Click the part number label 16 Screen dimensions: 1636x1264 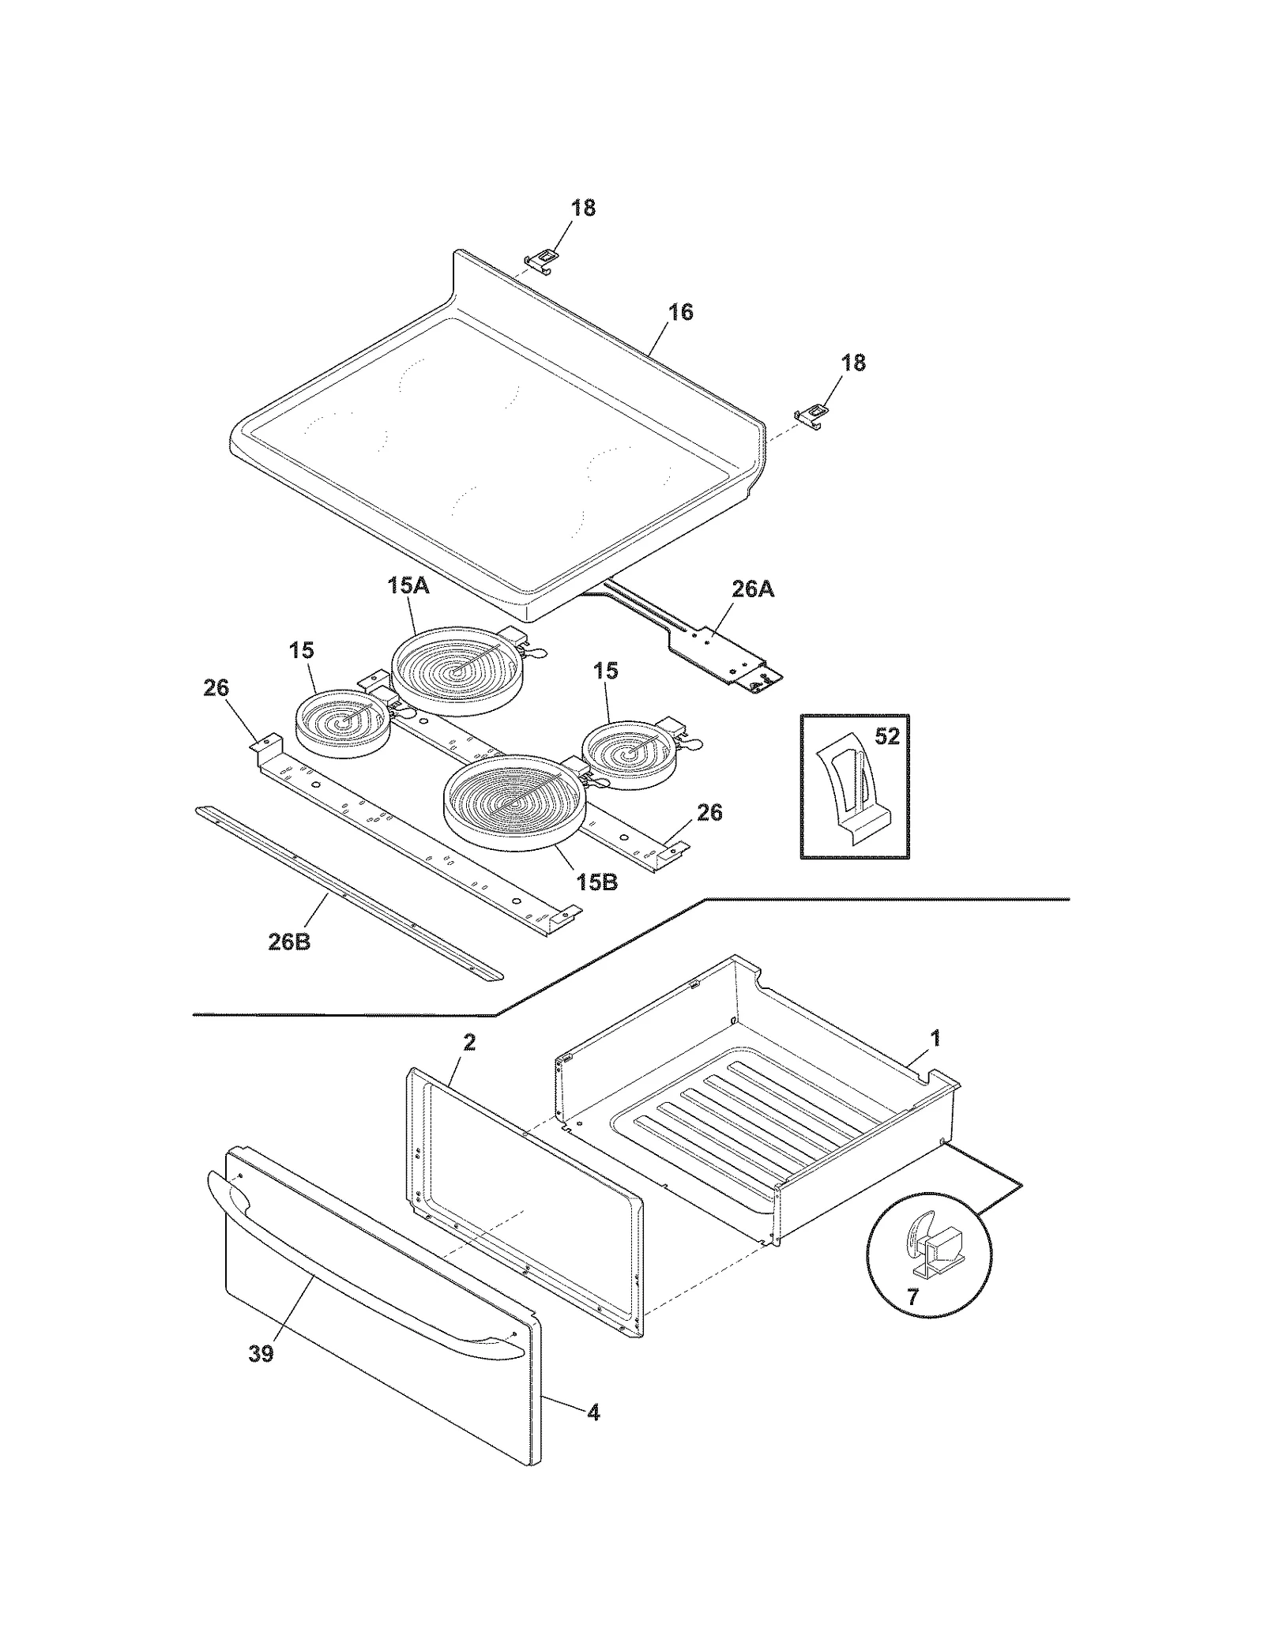tap(680, 312)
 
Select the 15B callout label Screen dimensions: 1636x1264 tap(596, 882)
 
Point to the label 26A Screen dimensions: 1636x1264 tap(752, 589)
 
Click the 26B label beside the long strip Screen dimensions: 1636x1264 tap(289, 942)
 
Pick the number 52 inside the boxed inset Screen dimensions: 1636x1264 tap(887, 736)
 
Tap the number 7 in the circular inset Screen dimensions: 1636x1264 tap(912, 1297)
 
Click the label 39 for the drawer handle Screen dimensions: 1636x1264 tap(261, 1353)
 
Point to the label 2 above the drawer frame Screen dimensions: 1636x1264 tap(469, 1043)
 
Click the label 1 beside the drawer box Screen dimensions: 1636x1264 tap(935, 1038)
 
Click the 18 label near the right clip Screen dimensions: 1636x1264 tap(853, 363)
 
